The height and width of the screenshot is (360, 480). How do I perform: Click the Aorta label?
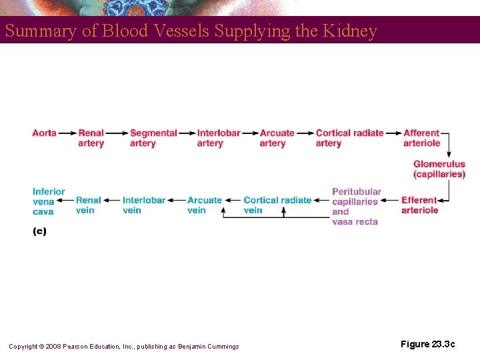[x=44, y=133]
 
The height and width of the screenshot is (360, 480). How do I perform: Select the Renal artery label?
[x=91, y=138]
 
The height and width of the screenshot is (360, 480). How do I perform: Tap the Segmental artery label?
[x=153, y=138]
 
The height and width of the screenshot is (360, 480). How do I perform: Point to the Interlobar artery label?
[x=218, y=138]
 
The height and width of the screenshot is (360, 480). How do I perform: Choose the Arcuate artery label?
[x=277, y=138]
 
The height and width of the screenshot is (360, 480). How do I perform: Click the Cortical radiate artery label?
[x=349, y=138]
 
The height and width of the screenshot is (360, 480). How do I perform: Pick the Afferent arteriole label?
[x=421, y=138]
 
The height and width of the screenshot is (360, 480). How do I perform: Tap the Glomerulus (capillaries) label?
[x=439, y=169]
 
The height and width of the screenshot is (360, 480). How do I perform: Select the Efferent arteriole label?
[x=419, y=205]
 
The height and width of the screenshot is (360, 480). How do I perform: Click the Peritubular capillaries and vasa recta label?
[x=356, y=207]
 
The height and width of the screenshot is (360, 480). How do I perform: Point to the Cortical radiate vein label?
[x=277, y=205]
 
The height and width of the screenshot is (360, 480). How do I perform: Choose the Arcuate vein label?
[x=204, y=205]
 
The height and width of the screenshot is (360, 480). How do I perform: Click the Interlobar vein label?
[x=144, y=205]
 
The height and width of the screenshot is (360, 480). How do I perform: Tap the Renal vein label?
[x=89, y=205]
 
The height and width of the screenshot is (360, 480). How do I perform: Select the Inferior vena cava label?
[x=49, y=201]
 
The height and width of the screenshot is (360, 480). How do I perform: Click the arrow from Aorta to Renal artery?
[x=67, y=133]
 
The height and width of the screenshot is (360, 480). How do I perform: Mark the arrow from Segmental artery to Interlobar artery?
[x=187, y=133]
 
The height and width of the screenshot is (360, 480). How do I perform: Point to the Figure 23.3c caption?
[x=427, y=344]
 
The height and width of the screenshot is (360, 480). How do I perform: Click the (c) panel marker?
[x=39, y=232]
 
